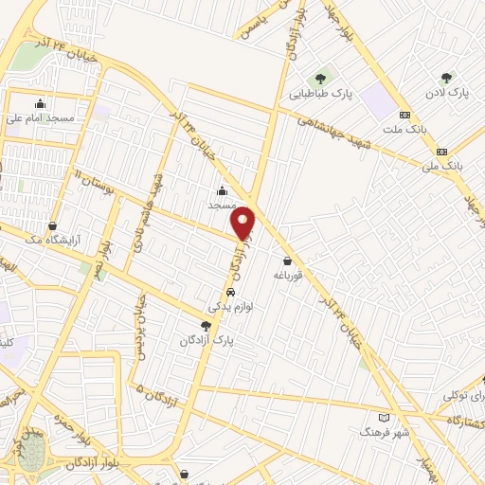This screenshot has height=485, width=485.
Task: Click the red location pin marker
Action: click(243, 223)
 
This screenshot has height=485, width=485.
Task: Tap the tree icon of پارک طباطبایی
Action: click(321, 79)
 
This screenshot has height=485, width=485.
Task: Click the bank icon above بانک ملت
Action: click(405, 113)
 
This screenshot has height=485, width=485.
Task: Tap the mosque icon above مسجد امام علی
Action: click(40, 104)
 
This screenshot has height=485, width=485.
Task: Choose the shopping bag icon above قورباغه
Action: click(287, 260)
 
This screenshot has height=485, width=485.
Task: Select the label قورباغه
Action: click(287, 275)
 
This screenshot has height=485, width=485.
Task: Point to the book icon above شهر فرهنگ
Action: click(384, 417)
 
